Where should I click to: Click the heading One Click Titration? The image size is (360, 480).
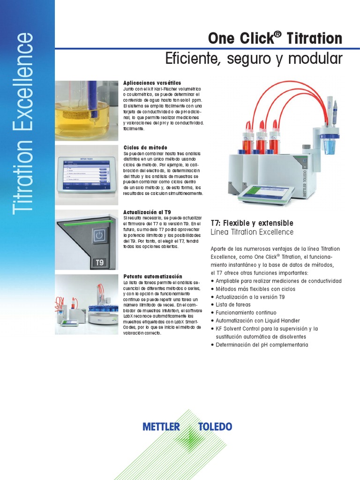click(275, 38)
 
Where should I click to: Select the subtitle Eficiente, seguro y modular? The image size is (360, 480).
click(254, 59)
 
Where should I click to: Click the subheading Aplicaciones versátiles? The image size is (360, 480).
click(152, 83)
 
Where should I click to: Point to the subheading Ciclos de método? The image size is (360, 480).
click(145, 148)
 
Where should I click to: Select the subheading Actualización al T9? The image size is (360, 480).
click(147, 212)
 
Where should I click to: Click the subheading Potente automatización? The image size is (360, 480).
click(153, 277)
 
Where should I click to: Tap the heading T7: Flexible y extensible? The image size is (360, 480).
click(252, 223)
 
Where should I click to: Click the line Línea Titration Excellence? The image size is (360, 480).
click(252, 232)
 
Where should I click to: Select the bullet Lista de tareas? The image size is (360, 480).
click(233, 305)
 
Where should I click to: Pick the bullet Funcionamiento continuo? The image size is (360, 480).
click(246, 313)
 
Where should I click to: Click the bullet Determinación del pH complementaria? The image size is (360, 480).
click(262, 345)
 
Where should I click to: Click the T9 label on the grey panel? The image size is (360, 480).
click(100, 262)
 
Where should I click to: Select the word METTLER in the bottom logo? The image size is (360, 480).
click(161, 427)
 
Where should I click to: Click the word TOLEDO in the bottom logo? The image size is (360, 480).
click(215, 427)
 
